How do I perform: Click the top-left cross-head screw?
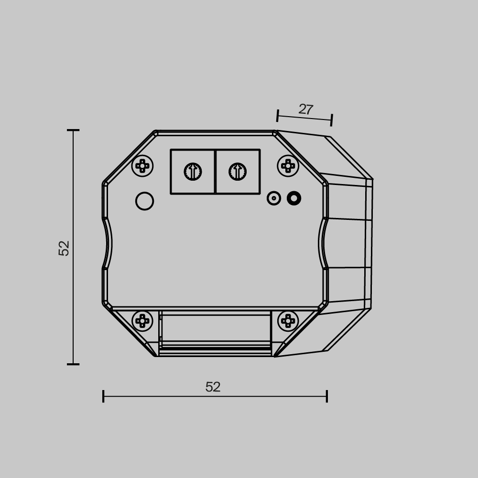tap(142, 166)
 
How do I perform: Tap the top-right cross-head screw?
tap(288, 166)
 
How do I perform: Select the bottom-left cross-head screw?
tap(142, 321)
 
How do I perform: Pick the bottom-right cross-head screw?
tap(288, 321)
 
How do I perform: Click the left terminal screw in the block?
tap(193, 172)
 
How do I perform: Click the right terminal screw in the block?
tap(238, 172)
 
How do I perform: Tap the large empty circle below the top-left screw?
tap(144, 201)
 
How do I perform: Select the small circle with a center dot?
tap(274, 198)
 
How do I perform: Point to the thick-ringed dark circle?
tap(294, 198)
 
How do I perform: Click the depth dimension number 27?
tap(305, 109)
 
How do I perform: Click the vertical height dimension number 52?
tap(64, 248)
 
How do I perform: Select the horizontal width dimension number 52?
tap(213, 387)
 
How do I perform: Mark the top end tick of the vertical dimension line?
tap(73, 130)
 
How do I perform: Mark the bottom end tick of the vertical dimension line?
tap(73, 364)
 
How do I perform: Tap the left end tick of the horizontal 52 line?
tap(103, 396)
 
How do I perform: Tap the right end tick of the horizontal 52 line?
tap(327, 396)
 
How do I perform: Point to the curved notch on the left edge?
tap(108, 244)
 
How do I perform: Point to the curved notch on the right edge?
tap(323, 244)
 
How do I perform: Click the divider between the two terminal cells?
tap(215, 172)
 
